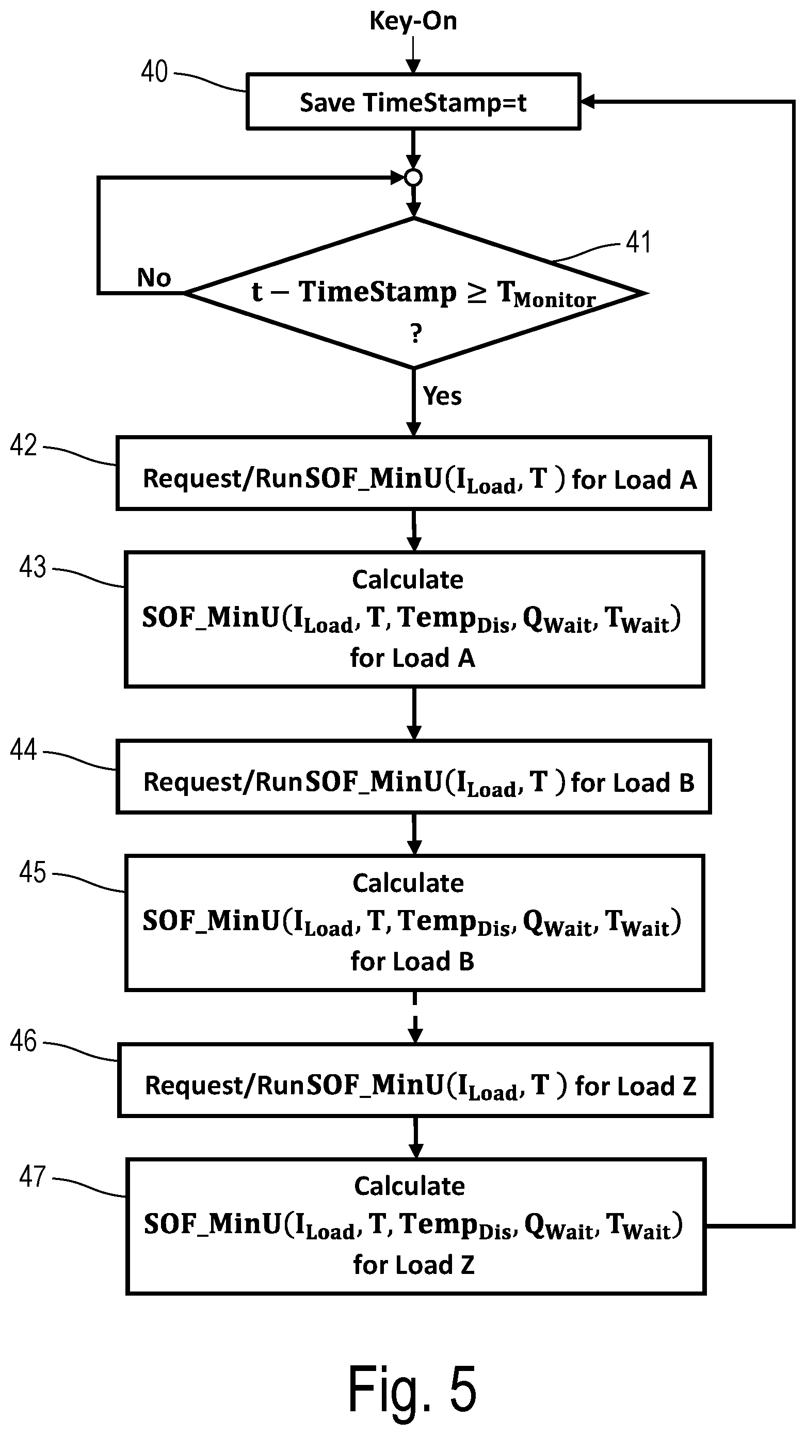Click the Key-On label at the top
pos(413,21)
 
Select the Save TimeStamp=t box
pos(413,101)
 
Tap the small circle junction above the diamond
pos(413,178)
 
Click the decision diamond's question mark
pos(415,333)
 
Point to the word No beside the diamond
pos(154,277)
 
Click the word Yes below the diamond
pos(442,396)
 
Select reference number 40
pos(154,72)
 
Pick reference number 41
pos(638,242)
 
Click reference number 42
pos(23,445)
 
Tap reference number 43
pos(33,567)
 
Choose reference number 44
pos(23,750)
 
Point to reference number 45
pos(33,872)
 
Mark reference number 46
pos(23,1041)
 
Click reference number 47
pos(33,1176)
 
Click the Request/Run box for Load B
pos(413,776)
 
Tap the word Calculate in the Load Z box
pos(409,1187)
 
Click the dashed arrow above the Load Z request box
pos(415,1017)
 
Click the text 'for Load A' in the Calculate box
pos(412,658)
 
